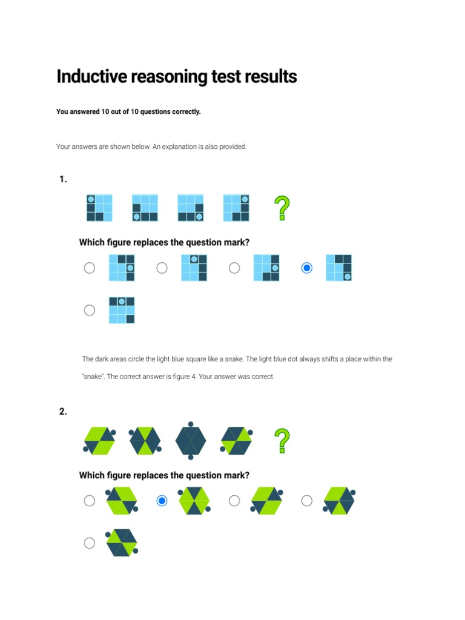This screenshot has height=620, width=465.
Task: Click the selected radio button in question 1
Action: point(307,268)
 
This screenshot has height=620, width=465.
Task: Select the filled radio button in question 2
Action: point(162,501)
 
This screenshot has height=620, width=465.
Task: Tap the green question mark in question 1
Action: point(282,208)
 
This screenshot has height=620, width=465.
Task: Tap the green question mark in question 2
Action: point(282,441)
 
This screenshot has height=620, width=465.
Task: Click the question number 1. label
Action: point(63,179)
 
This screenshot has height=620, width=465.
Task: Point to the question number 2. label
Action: point(63,412)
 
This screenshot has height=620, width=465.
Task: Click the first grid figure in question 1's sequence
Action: point(99,208)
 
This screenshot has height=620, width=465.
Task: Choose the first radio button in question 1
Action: point(90,268)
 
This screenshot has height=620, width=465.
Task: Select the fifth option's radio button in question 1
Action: point(90,310)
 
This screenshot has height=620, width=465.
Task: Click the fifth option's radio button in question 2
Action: point(90,543)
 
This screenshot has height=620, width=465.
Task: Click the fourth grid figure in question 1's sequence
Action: point(236,208)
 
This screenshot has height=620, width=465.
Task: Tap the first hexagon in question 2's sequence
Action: point(99,440)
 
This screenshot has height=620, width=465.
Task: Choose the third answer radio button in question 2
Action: point(234,501)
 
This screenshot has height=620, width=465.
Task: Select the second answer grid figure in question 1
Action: point(194,268)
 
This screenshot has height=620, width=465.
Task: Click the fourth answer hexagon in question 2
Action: point(340,501)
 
